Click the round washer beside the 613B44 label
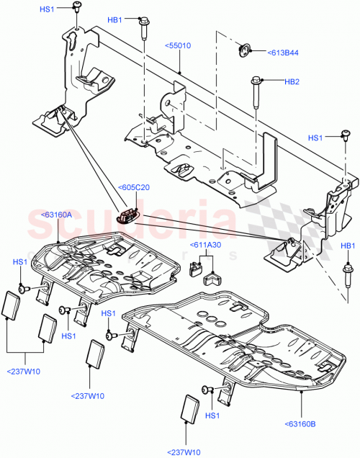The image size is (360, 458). click(245, 50)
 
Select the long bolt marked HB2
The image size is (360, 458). click(255, 94)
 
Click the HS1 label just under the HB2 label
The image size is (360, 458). click(315, 138)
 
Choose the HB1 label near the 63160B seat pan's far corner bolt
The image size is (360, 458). click(348, 246)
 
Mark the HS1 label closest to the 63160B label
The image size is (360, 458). click(212, 416)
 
